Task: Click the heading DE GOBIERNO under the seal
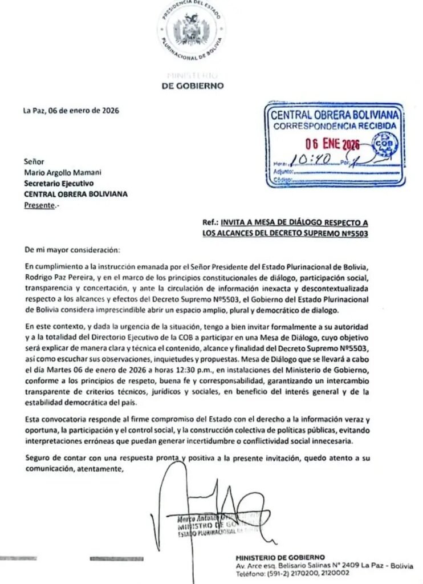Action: click(193, 87)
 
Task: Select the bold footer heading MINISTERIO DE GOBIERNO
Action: click(280, 557)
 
